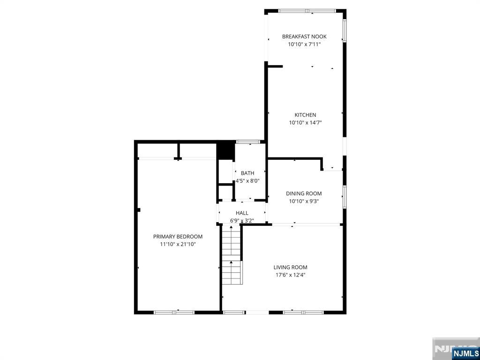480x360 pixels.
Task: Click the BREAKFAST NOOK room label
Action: click(304, 37)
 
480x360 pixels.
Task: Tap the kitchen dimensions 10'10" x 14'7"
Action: click(305, 123)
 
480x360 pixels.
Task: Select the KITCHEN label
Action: click(305, 115)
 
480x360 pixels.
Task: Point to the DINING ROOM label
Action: click(304, 194)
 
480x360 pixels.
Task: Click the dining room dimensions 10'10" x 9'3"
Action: click(304, 202)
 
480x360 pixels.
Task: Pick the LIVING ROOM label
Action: click(290, 267)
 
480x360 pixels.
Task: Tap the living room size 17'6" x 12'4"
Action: click(290, 275)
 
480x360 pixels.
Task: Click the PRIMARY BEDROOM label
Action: click(178, 237)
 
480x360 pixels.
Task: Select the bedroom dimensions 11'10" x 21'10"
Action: click(178, 244)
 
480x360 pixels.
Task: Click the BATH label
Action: click(247, 173)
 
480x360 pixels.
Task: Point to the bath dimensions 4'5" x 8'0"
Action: click(247, 181)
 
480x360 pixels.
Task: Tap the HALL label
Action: click(242, 213)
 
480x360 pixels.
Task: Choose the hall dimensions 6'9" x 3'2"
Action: click(242, 220)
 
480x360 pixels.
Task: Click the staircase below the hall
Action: click(232, 255)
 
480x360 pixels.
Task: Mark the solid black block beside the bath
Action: click(225, 151)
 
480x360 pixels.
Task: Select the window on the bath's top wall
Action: click(248, 142)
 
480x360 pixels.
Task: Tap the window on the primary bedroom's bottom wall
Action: click(174, 312)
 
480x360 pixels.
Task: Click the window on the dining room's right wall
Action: click(345, 196)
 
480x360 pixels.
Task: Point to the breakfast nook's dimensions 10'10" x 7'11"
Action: click(304, 44)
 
